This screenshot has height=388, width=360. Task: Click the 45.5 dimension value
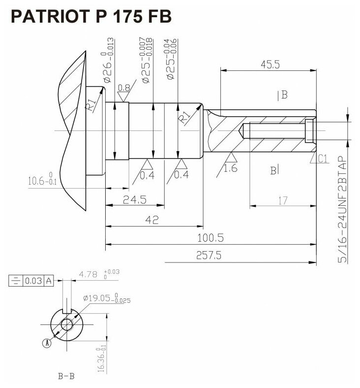pyautogui.click(x=268, y=64)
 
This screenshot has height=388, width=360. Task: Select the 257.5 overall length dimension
pyautogui.click(x=209, y=256)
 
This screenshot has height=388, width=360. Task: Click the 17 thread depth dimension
pyautogui.click(x=282, y=200)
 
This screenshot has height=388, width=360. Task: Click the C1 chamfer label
pyautogui.click(x=323, y=158)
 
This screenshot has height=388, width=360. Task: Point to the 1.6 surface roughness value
pyautogui.click(x=230, y=168)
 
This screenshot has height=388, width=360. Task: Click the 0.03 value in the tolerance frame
pyautogui.click(x=33, y=281)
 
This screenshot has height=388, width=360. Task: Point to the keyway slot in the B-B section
pyautogui.click(x=66, y=311)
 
